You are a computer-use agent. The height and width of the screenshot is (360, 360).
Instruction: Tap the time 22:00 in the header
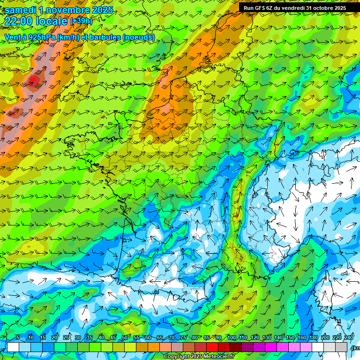pos(19,21)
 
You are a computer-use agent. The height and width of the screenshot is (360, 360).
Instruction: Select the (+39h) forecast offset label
pos(81,21)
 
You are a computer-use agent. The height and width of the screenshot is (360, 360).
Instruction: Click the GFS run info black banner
pos(294,7)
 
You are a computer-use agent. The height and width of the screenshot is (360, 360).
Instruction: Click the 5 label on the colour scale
pos(18,338)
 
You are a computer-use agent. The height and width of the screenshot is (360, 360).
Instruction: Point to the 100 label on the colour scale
pos(231,338)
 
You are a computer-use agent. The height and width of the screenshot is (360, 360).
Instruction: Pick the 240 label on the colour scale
pos(348,338)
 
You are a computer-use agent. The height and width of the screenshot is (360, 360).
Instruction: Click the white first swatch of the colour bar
pos(13,347)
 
